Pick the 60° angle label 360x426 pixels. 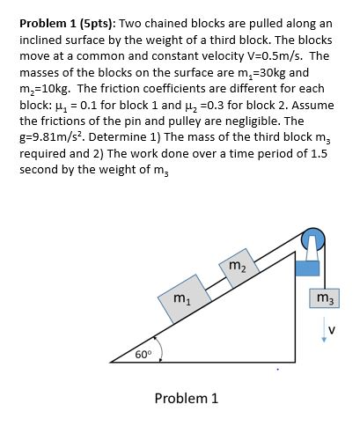pos(143,355)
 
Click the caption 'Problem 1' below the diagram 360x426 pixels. pos(186,398)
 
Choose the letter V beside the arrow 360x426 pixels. pos(333,332)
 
